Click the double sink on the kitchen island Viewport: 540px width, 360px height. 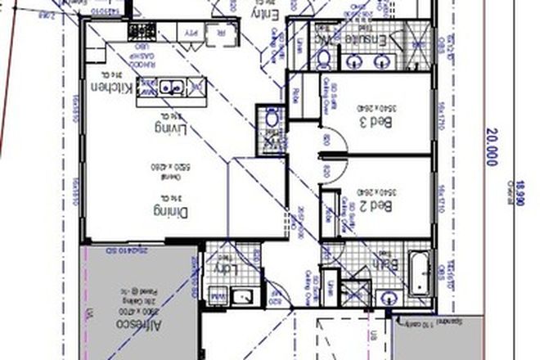[173, 84]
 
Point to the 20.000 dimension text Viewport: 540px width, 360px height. [491, 147]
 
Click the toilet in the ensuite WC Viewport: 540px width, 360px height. [323, 57]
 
